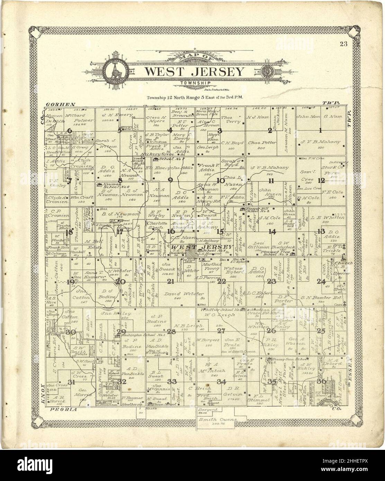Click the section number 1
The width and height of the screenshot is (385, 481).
[321, 130]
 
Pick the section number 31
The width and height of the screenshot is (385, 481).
[71, 382]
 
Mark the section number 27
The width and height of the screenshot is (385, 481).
[221, 331]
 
